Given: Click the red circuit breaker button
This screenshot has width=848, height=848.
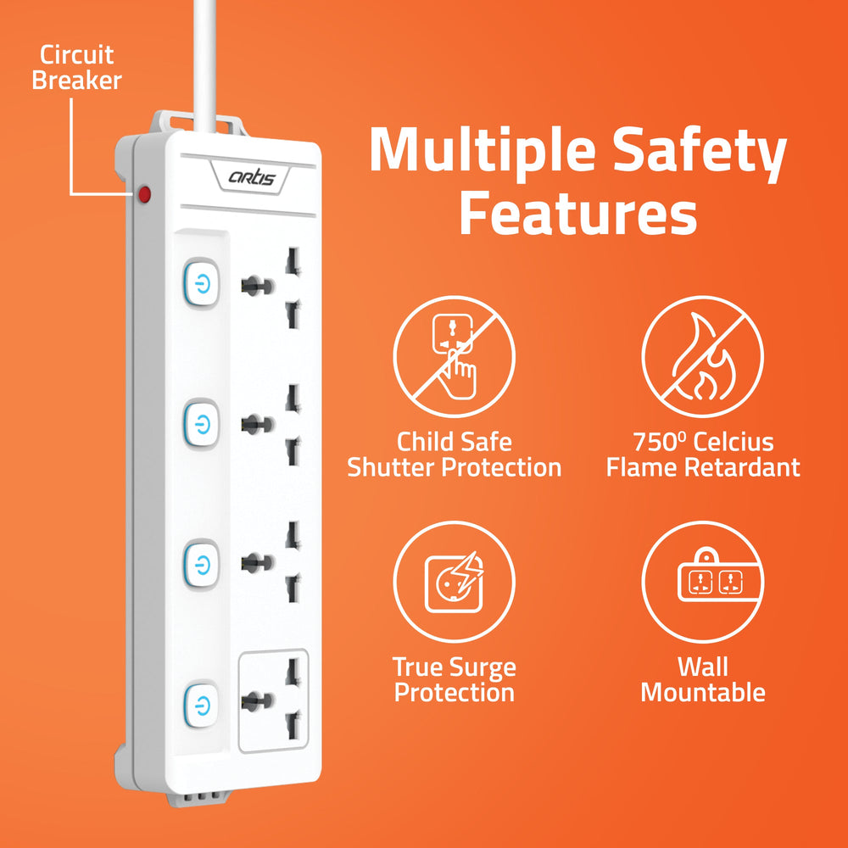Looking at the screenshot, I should pos(145,196).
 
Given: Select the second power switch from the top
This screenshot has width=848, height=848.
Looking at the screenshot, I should pos(200,421).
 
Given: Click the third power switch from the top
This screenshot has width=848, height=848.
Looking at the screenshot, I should pos(200,562).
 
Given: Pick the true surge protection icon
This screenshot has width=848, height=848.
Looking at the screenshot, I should pos(454,582).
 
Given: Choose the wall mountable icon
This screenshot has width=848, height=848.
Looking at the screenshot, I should pos(702,582).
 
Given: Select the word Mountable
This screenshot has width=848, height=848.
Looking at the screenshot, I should pos(702,692).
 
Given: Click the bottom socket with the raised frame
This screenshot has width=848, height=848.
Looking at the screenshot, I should pos(272,702).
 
